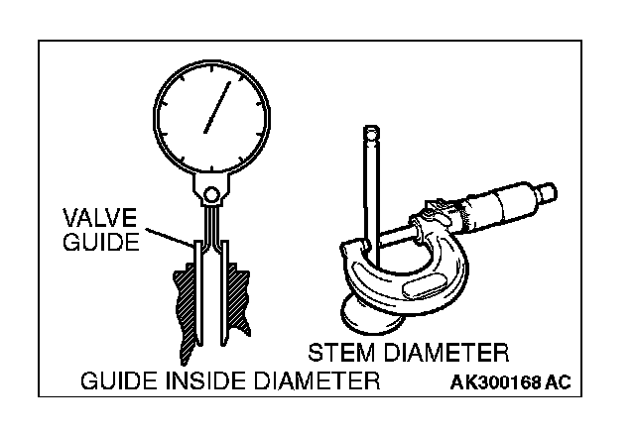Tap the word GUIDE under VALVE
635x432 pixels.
point(100,241)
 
